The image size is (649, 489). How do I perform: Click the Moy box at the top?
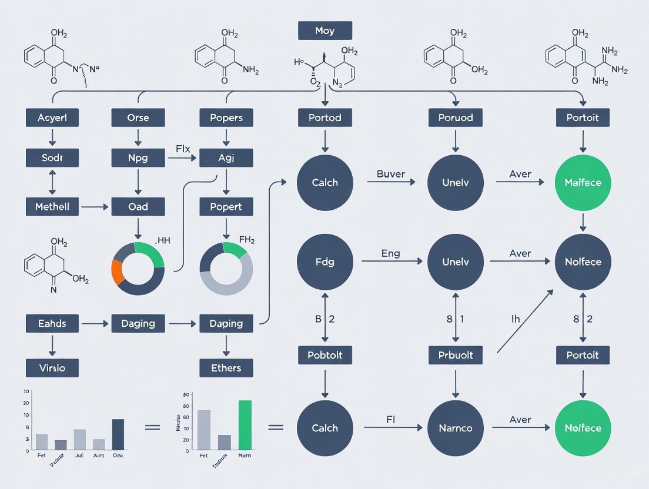tap(324, 31)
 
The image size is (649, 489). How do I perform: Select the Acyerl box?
tap(52, 118)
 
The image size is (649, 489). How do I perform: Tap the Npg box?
tap(138, 158)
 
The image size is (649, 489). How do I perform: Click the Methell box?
tap(52, 206)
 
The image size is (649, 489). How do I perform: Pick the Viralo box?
tap(52, 368)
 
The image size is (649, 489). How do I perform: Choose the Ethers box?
tap(226, 368)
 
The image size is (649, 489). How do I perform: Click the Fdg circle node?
tap(325, 262)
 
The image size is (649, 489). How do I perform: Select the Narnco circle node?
tap(455, 428)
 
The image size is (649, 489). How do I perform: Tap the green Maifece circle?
tap(583, 183)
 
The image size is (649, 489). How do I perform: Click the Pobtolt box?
tap(325, 355)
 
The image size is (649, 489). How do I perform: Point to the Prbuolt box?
tap(455, 355)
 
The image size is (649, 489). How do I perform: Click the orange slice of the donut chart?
tap(118, 272)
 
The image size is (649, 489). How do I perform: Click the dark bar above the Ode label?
tap(118, 434)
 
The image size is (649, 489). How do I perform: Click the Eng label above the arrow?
tap(390, 254)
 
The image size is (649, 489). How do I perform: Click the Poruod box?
tap(455, 118)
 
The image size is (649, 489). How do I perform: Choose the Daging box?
tap(138, 323)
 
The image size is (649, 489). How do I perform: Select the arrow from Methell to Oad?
tap(95, 207)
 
